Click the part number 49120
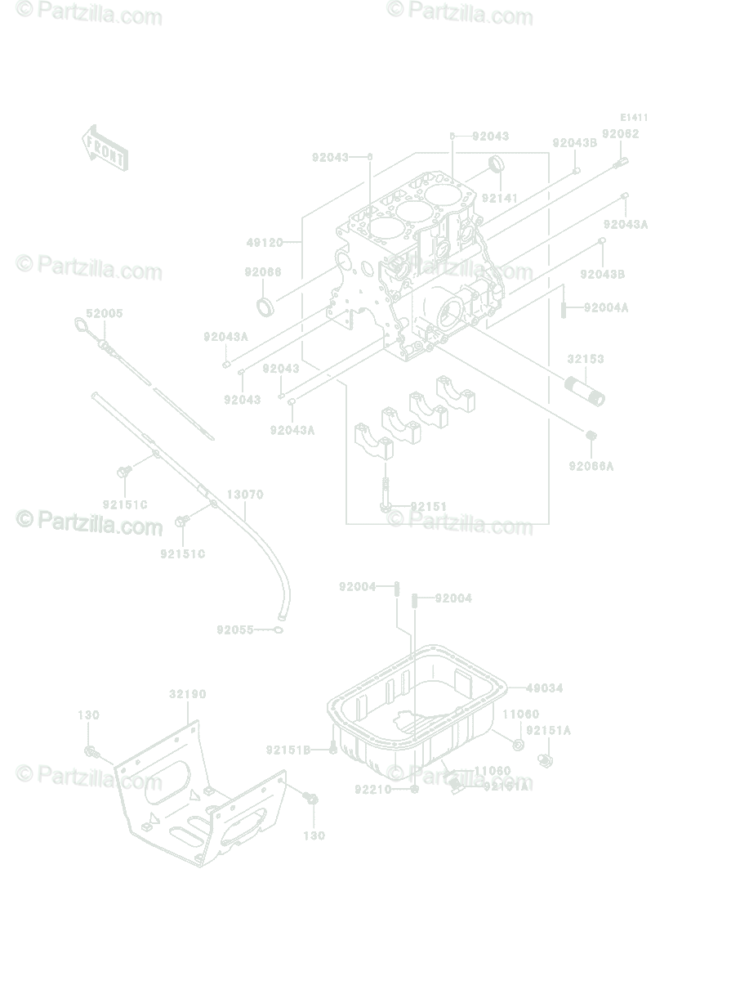point(265,243)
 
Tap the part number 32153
point(586,359)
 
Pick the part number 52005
point(105,313)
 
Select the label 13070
point(245,495)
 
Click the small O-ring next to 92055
point(279,630)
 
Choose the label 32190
point(188,694)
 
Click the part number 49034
point(545,688)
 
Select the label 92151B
point(288,749)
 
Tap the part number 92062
point(621,133)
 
